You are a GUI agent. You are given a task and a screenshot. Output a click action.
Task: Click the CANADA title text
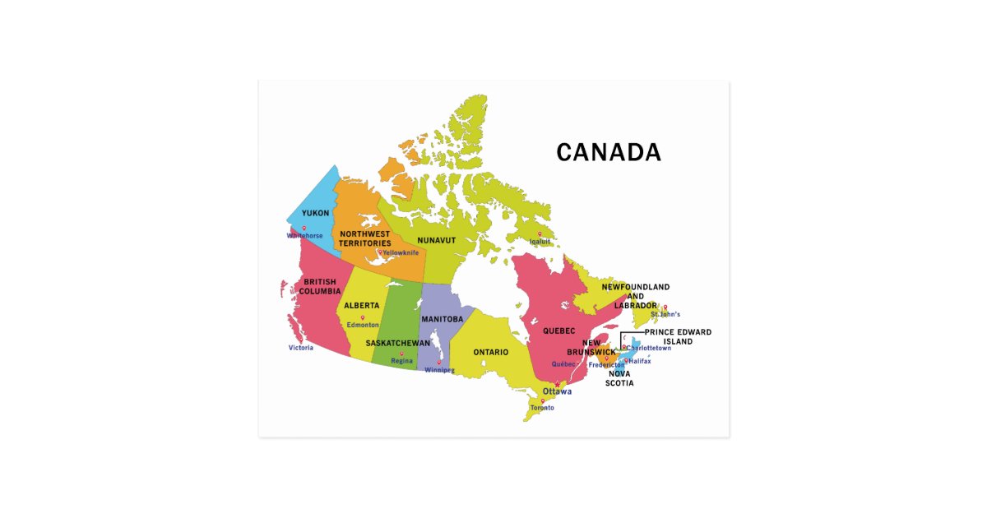pyautogui.click(x=608, y=153)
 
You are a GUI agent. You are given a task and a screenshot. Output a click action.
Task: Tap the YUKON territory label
pyautogui.click(x=315, y=214)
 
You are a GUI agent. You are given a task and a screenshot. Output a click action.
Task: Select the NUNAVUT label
pyautogui.click(x=436, y=240)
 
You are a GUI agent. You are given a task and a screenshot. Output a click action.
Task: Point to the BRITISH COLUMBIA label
pyautogui.click(x=319, y=287)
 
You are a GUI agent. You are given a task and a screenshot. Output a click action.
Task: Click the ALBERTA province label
pyautogui.click(x=362, y=306)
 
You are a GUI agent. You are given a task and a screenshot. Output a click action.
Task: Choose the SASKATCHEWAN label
pyautogui.click(x=398, y=343)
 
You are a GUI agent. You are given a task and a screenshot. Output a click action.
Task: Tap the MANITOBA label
pyautogui.click(x=443, y=319)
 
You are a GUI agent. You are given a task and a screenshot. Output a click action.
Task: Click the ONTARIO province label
pyautogui.click(x=490, y=352)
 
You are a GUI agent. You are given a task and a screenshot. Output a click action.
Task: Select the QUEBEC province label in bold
pyautogui.click(x=558, y=331)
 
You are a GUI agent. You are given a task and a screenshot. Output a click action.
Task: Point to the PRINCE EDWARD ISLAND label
pyautogui.click(x=678, y=336)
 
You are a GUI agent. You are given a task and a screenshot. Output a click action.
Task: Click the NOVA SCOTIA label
pyautogui.click(x=621, y=378)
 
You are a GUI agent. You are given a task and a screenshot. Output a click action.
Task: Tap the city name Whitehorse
pyautogui.click(x=304, y=236)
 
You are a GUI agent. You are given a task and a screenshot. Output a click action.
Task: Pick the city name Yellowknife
pyautogui.click(x=401, y=252)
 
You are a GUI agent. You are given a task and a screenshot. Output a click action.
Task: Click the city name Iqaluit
pyautogui.click(x=540, y=242)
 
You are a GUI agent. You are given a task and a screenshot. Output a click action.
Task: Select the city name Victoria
pyautogui.click(x=301, y=348)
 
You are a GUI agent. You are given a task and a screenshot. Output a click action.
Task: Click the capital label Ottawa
pyautogui.click(x=557, y=391)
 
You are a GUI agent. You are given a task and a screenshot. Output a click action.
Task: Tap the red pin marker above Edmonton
pyautogui.click(x=363, y=317)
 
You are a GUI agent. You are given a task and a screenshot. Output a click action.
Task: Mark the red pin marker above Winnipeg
pyautogui.click(x=438, y=363)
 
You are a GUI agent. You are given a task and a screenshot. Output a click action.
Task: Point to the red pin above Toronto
pyautogui.click(x=543, y=401)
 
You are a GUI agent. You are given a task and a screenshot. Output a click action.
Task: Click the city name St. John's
pyautogui.click(x=665, y=315)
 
